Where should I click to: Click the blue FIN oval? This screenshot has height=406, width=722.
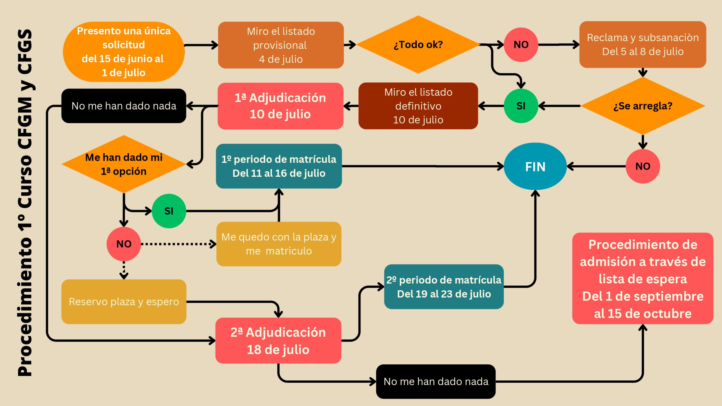(535, 166)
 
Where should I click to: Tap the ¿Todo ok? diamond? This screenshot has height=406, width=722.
(418, 45)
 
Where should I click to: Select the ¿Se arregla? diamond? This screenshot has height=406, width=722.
(643, 106)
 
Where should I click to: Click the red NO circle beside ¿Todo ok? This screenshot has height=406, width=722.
(521, 45)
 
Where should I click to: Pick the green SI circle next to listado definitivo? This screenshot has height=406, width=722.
(521, 106)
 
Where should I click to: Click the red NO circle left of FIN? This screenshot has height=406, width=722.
(643, 166)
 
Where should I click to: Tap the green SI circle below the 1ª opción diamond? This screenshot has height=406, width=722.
(169, 211)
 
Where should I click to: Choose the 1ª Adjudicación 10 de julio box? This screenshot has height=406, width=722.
(280, 106)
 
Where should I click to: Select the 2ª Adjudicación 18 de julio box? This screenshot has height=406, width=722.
(278, 341)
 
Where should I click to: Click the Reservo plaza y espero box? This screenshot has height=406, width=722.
(124, 302)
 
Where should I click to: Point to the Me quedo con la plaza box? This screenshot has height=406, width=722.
(279, 244)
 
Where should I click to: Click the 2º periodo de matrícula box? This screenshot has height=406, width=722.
(444, 287)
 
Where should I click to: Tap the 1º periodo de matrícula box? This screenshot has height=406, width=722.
(279, 166)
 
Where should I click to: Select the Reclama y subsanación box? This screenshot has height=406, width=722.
(643, 45)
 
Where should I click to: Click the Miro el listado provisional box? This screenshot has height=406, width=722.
(281, 45)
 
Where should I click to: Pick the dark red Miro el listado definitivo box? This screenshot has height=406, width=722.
(418, 106)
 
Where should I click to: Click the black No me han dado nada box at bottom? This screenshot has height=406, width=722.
(436, 381)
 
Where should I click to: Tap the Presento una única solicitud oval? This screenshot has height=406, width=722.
(124, 52)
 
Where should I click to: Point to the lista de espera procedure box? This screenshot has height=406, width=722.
(643, 279)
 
